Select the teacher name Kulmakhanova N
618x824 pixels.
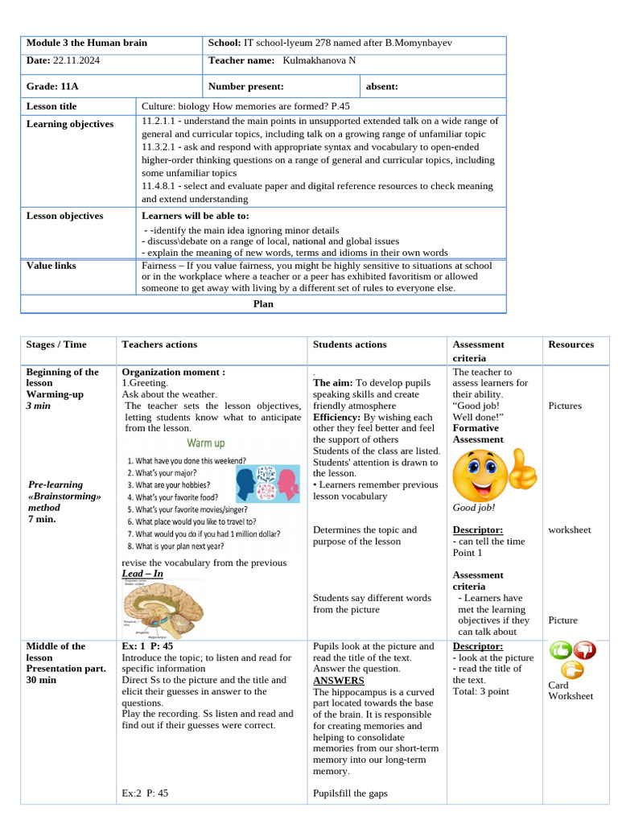[319, 61]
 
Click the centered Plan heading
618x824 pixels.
[263, 304]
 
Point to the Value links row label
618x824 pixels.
[51, 266]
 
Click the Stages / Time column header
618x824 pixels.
[56, 344]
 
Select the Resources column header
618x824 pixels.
[571, 344]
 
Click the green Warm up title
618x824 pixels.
[206, 443]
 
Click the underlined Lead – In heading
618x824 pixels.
[142, 574]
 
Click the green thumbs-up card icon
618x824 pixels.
[560, 649]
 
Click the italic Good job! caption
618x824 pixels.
[474, 508]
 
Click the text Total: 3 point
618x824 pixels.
[480, 691]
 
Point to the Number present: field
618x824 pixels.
[245, 86]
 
